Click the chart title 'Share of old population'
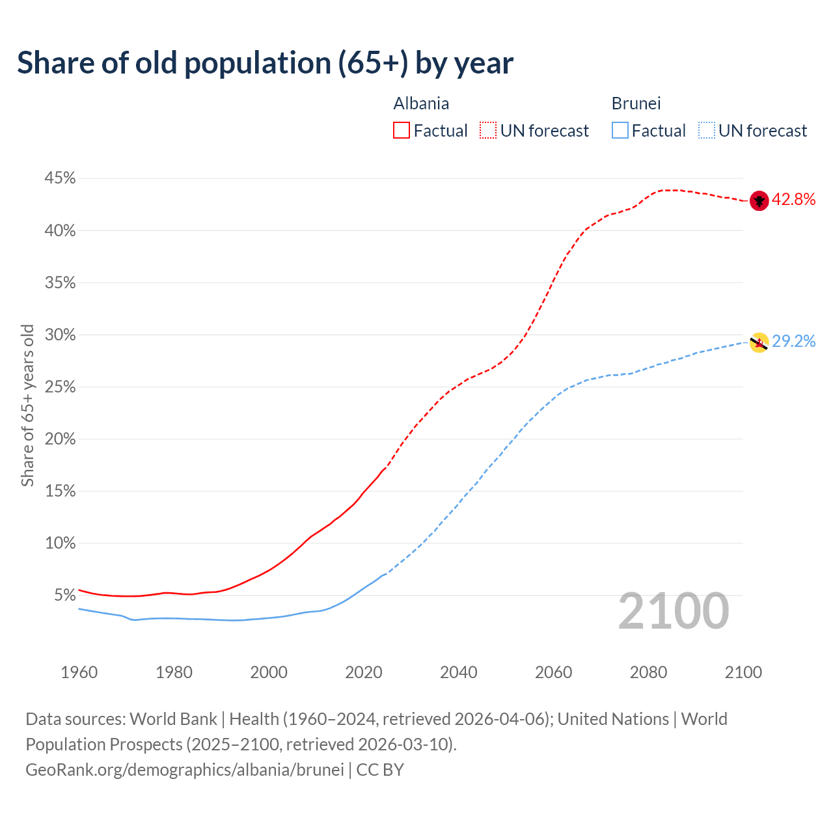coord(265,63)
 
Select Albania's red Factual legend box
coord(402,131)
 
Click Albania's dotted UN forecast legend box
coord(488,131)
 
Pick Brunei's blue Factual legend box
coord(620,131)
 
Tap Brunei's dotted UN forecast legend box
coord(707,131)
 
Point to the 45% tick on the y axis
coord(60,178)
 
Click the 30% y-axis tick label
coord(60,335)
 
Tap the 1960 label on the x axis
coord(79,672)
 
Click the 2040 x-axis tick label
coord(458,672)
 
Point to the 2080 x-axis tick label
coord(648,672)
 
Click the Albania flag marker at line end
coord(759,200)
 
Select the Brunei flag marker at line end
coord(759,342)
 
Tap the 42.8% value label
coord(793,200)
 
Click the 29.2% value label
coord(793,342)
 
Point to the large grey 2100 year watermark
coord(673,611)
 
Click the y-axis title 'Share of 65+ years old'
coord(27,405)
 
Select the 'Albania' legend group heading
coord(421,103)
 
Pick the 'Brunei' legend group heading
coord(636,103)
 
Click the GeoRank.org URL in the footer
coord(184,770)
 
